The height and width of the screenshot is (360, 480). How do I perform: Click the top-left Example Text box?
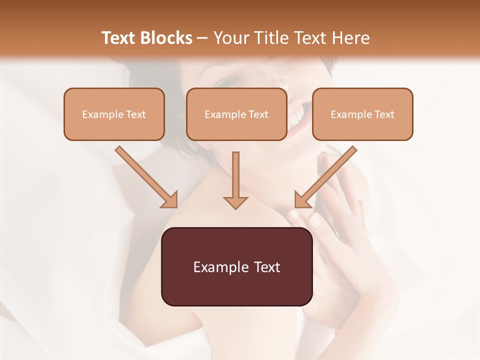tap(114, 114)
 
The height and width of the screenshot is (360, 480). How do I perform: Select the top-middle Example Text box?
tap(236, 114)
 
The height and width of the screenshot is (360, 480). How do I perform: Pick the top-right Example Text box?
tap(362, 114)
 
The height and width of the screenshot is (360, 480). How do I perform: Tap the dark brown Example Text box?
tap(237, 267)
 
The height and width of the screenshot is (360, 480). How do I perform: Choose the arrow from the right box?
tap(327, 175)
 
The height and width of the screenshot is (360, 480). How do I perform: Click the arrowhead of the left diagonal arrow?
tap(170, 200)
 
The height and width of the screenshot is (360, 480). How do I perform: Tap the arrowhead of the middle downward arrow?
tap(235, 202)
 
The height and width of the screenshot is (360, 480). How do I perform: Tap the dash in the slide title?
tap(202, 38)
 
